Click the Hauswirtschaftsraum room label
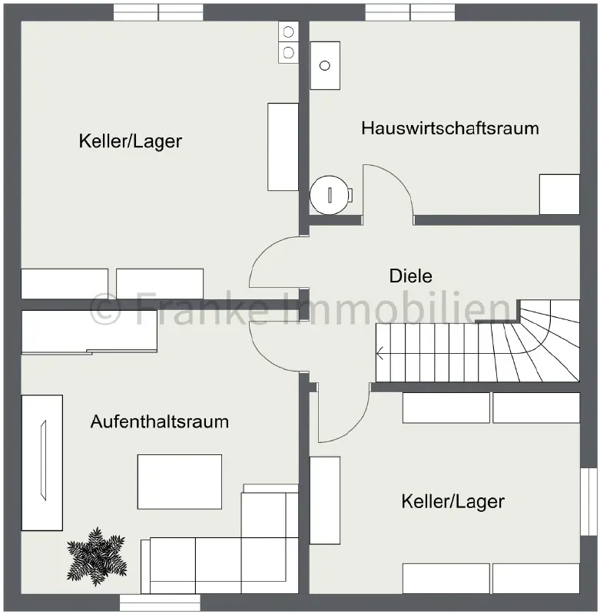[449, 127]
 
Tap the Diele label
[411, 276]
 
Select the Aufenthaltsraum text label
[160, 421]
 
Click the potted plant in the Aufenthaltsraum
[96, 556]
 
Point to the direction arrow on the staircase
[381, 354]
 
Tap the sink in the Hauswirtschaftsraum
[324, 65]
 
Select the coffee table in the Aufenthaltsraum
[179, 482]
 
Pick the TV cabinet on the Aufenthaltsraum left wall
[42, 462]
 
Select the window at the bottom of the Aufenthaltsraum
[160, 602]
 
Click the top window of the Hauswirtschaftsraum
[410, 12]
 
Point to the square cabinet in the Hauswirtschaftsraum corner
[559, 194]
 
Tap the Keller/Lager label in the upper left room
[130, 141]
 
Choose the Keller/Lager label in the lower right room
[452, 502]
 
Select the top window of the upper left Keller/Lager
[158, 12]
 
